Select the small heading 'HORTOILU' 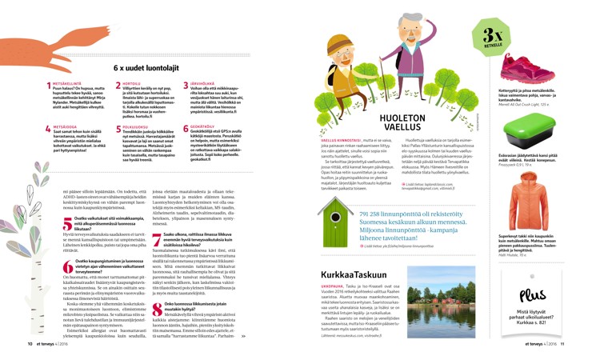coord(130,82)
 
